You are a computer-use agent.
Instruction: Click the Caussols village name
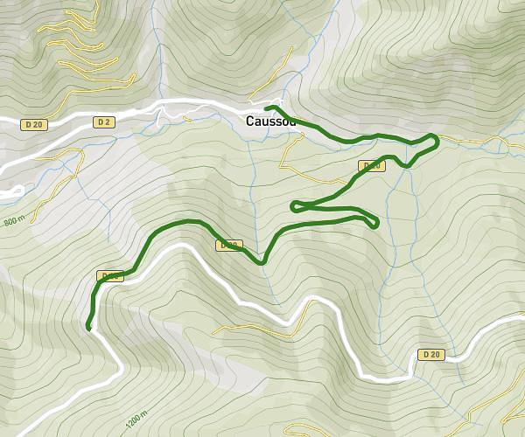[x=271, y=121]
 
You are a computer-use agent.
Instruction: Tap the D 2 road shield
[x=105, y=121]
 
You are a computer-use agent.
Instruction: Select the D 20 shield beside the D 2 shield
[x=35, y=125]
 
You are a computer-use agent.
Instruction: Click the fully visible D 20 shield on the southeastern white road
[x=430, y=354]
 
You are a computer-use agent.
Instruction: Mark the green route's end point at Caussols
[x=266, y=108]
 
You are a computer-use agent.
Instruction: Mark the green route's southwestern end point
[x=88, y=329]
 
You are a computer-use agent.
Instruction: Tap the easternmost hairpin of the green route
[x=436, y=139]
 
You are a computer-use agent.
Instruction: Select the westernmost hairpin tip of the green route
[x=293, y=206]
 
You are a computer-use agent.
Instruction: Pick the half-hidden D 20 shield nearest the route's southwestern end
[x=111, y=276]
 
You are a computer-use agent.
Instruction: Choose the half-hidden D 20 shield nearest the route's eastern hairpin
[x=372, y=166]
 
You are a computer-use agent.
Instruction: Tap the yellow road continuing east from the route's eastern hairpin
[x=472, y=140]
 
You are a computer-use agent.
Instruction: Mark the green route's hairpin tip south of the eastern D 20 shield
[x=376, y=224]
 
